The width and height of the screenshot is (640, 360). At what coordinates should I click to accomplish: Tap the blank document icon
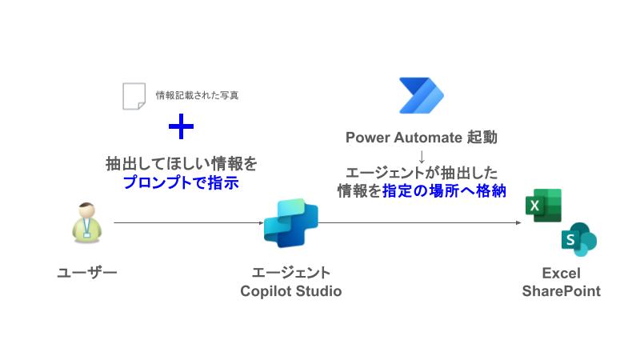point(134,95)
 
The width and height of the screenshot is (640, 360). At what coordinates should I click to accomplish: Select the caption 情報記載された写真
point(197,95)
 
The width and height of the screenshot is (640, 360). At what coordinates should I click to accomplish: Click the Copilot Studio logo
point(290,223)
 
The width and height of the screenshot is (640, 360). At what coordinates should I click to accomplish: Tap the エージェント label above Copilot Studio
point(290,273)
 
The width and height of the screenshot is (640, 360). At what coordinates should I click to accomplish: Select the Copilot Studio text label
point(290,291)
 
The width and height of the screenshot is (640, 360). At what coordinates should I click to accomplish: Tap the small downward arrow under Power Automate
point(422,154)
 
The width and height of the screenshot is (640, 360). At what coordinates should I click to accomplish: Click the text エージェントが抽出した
point(422,172)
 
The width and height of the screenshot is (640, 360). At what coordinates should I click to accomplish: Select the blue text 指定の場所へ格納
point(450,190)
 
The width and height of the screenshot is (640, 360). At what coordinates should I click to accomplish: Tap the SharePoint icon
point(578,239)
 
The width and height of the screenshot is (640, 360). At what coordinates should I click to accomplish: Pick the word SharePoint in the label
point(561,291)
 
